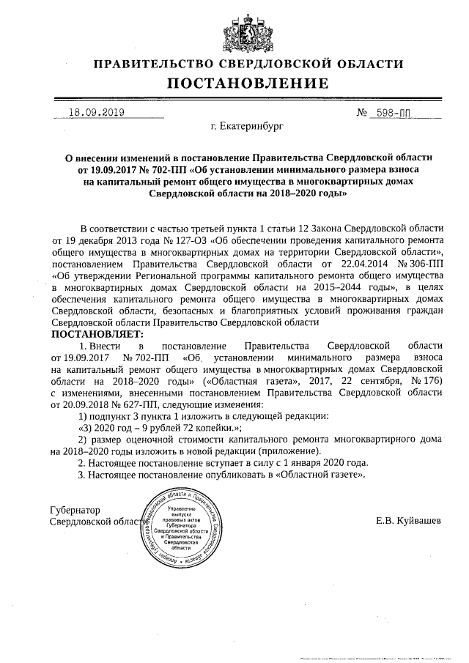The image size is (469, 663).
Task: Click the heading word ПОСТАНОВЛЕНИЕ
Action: (x=248, y=83)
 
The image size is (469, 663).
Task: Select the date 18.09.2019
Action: (x=96, y=113)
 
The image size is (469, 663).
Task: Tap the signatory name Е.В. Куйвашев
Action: (x=408, y=521)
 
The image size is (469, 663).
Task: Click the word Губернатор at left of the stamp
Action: (x=75, y=509)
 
